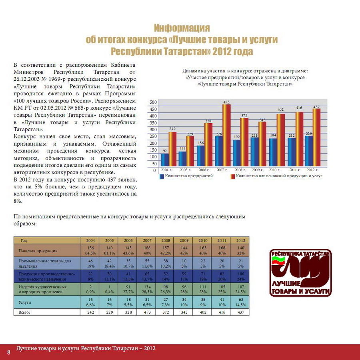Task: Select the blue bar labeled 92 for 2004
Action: (x=165, y=160)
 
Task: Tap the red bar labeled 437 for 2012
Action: (x=316, y=138)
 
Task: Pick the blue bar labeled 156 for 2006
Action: (x=201, y=156)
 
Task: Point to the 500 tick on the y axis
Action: (x=153, y=102)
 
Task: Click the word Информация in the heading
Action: (x=182, y=28)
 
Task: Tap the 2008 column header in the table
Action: (x=165, y=240)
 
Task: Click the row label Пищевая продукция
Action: (x=38, y=250)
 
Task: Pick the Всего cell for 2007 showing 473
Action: (x=146, y=312)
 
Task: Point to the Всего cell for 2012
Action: (x=240, y=312)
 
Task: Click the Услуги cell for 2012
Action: (x=240, y=302)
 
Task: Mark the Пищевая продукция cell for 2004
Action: (x=90, y=250)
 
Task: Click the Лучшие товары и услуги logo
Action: (x=300, y=272)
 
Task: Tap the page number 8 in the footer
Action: (x=8, y=352)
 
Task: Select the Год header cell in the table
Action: (x=24, y=240)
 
